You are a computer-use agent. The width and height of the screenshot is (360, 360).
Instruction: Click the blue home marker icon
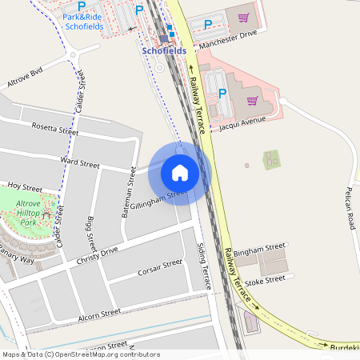[x=180, y=172]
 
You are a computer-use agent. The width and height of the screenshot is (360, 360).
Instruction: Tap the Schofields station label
[x=164, y=50]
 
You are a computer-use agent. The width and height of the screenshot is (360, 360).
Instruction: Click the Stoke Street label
[x=265, y=280]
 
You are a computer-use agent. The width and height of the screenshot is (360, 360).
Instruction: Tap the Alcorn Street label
[x=99, y=314]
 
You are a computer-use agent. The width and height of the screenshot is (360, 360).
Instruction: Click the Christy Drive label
[x=97, y=256]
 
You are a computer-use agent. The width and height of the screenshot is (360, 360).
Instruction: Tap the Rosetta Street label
[x=56, y=129]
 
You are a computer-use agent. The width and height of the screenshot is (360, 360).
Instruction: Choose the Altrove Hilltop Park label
[x=32, y=210]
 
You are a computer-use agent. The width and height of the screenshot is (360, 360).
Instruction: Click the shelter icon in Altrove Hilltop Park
[x=48, y=214]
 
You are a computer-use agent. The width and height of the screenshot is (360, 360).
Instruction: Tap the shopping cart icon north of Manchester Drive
[x=243, y=17]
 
